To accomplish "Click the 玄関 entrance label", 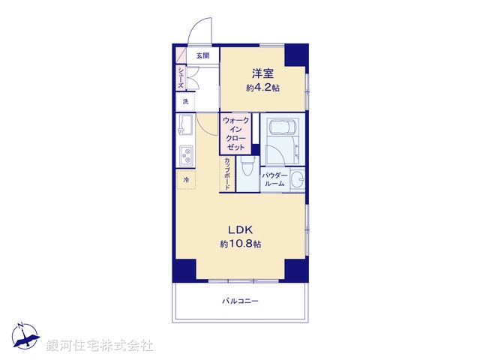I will tap(202, 55).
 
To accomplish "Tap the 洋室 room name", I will tap(262, 73).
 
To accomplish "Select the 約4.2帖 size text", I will tap(262, 87).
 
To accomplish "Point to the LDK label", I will tap(241, 229).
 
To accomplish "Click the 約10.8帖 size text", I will tap(241, 244).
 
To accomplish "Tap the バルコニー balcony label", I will tap(240, 301).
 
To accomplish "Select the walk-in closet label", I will tap(235, 133).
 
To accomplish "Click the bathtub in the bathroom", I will tap(281, 127).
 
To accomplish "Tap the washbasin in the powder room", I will tap(298, 179).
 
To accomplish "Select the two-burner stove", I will tap(185, 156).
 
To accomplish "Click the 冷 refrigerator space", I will tap(185, 180).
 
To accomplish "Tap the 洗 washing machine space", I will tap(185, 101).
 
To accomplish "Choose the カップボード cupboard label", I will tap(226, 173).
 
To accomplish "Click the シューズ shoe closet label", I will tap(181, 76).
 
